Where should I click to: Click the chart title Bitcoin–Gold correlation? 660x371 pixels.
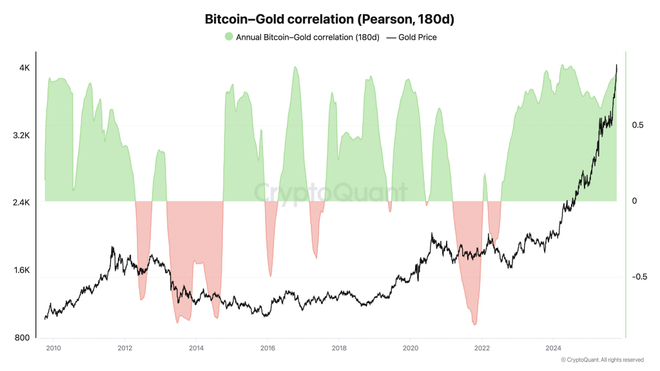coord(329,19)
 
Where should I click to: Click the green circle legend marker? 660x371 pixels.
coord(229,37)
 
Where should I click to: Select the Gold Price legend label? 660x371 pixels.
coord(417,37)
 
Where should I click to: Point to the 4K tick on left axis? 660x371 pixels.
coord(24,68)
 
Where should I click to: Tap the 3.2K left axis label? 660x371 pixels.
coord(22,135)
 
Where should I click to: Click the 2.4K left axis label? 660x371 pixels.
coord(22,203)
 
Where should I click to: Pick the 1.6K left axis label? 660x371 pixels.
coord(22,271)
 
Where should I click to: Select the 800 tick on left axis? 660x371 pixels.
coord(23,338)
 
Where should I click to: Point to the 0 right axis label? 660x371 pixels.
coord(634,201)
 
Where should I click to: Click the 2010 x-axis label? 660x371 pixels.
coord(53,348)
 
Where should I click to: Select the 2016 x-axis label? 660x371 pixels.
coord(267,348)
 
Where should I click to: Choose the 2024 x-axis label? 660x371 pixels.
coord(552,348)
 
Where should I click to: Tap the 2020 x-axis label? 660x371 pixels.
coord(410,348)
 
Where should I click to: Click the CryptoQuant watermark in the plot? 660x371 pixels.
coord(329,192)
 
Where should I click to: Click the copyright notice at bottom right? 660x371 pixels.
coord(602,360)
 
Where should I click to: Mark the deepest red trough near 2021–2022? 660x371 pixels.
coord(475,324)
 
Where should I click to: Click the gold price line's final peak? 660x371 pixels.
coord(616,65)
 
